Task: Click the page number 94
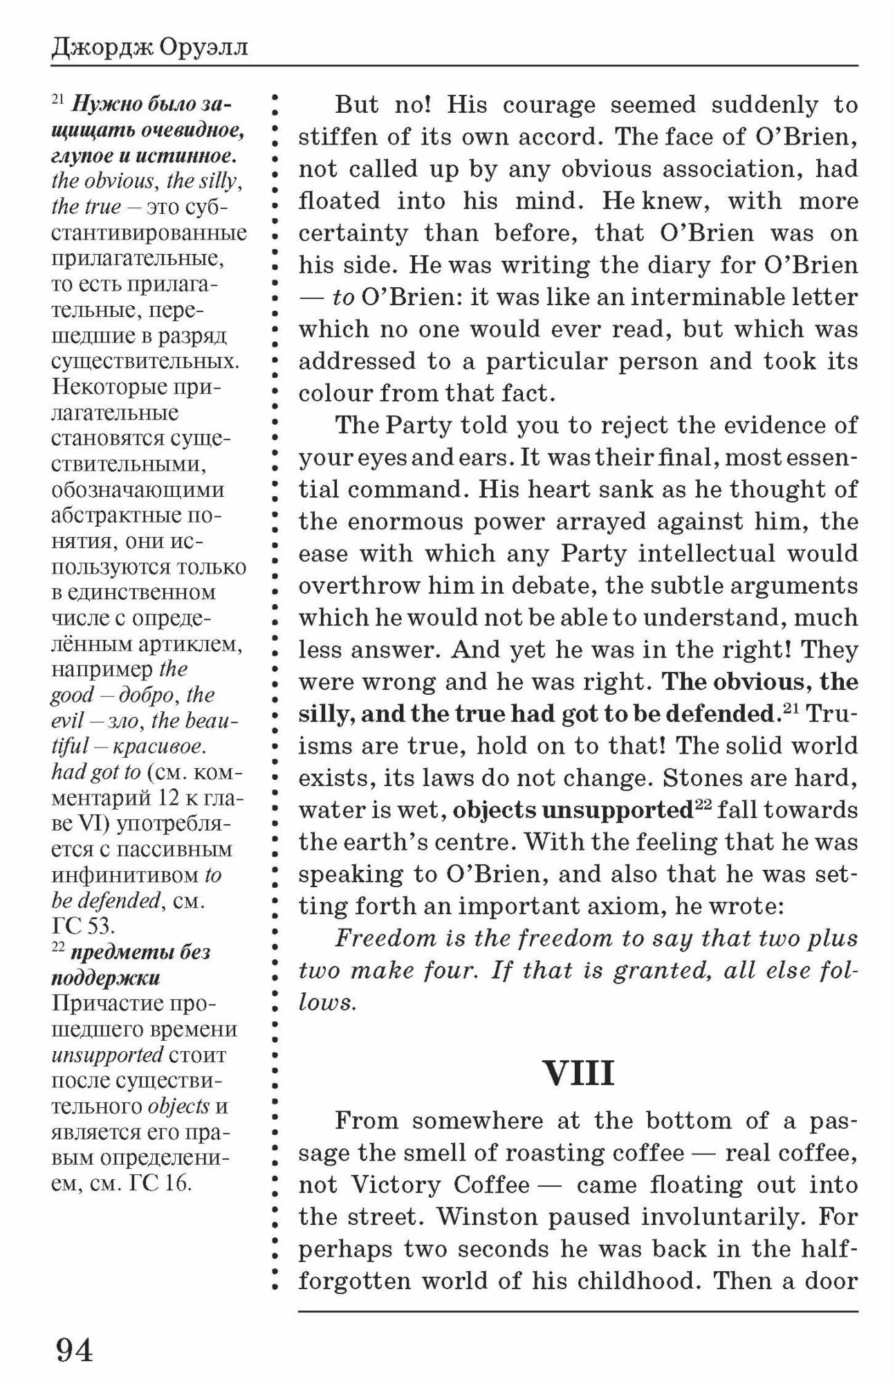click(74, 1349)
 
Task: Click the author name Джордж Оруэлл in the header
click(149, 48)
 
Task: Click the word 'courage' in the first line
click(548, 105)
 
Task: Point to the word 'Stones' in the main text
click(699, 778)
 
